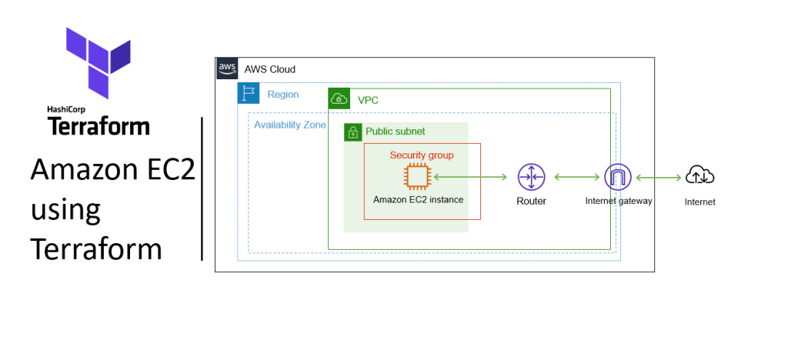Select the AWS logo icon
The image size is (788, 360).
click(x=227, y=68)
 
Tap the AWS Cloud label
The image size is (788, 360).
click(x=269, y=69)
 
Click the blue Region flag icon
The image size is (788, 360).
click(x=249, y=94)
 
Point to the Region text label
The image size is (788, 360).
click(x=282, y=95)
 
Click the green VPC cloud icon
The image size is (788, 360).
click(x=339, y=99)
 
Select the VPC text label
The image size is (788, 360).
click(x=368, y=100)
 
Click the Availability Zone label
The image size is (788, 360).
click(x=290, y=125)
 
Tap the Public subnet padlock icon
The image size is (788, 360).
click(x=352, y=132)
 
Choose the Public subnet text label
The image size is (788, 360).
click(x=395, y=132)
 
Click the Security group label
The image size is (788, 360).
click(x=422, y=155)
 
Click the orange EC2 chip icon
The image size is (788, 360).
click(x=417, y=177)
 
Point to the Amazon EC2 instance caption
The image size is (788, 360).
click(x=418, y=199)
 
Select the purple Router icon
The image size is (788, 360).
click(x=531, y=177)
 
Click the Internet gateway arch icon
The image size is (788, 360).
click(x=617, y=178)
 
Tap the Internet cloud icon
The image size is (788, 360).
click(x=700, y=177)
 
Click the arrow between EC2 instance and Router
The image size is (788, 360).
click(x=470, y=177)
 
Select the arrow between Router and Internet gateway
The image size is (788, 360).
click(x=576, y=178)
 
